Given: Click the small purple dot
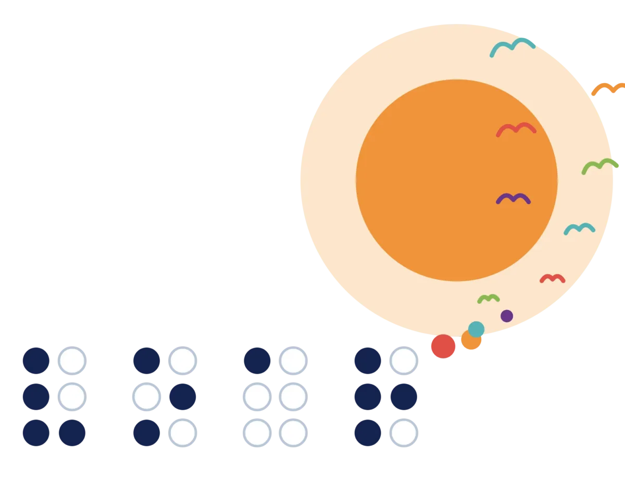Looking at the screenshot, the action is [x=507, y=316].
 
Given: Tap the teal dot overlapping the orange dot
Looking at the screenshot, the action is [x=476, y=329].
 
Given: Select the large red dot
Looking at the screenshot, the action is [x=443, y=346].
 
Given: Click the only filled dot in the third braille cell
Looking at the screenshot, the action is [x=257, y=361].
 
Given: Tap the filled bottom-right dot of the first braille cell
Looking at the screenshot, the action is [x=72, y=433].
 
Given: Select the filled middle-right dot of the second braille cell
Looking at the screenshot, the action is [x=183, y=397].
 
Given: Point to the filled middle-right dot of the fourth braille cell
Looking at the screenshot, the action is [x=404, y=397].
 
